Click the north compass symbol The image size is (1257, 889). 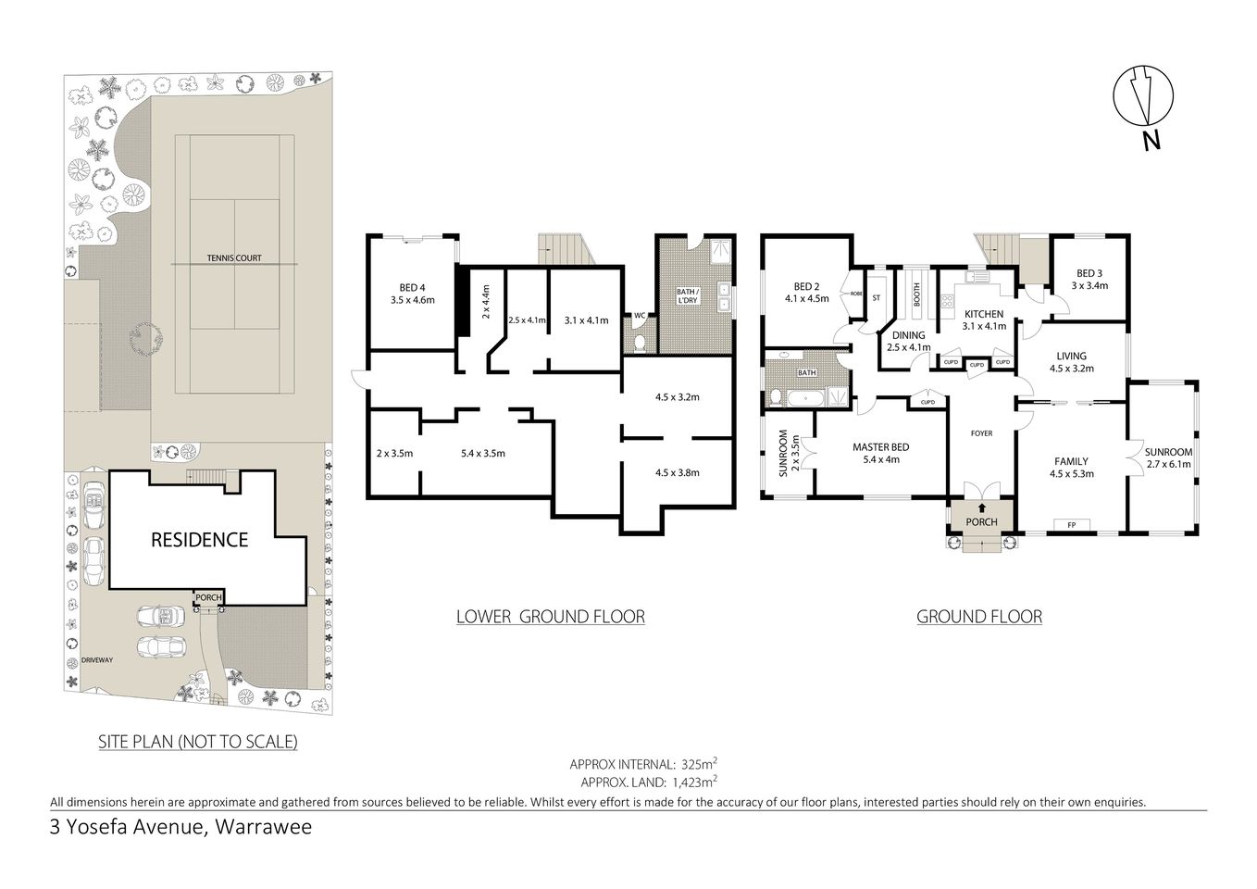click(x=1145, y=95)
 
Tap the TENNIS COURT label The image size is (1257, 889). click(x=234, y=257)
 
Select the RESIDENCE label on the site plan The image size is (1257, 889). click(x=199, y=539)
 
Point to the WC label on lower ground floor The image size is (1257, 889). click(x=638, y=316)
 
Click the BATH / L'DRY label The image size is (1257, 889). click(x=687, y=296)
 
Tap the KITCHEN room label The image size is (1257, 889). click(x=983, y=314)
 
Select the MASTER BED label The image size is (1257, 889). click(x=880, y=447)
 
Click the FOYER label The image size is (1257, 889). click(x=980, y=433)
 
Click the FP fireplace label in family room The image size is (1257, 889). click(x=1072, y=525)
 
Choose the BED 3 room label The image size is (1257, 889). click(x=1089, y=273)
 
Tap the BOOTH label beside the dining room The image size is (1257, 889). click(x=917, y=294)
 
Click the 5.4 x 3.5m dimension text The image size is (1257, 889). click(x=483, y=453)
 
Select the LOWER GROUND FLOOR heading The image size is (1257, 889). click(x=550, y=616)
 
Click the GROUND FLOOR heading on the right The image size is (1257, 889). click(x=978, y=616)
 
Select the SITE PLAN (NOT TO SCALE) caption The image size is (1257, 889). click(x=198, y=741)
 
